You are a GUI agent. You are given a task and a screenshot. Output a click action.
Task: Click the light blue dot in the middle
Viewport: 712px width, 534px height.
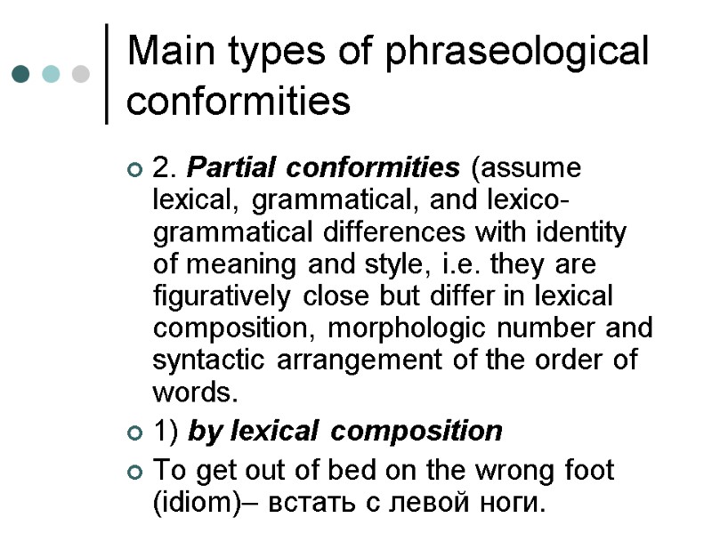coord(52,73)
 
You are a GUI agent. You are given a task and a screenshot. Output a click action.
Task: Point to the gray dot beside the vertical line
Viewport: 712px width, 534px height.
coord(81,73)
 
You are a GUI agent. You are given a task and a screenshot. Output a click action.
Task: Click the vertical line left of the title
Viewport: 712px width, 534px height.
coord(108,73)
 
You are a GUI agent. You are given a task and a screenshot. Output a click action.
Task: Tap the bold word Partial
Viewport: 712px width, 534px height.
coord(232,168)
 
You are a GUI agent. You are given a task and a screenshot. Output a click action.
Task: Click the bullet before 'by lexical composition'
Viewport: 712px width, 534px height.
coord(134,433)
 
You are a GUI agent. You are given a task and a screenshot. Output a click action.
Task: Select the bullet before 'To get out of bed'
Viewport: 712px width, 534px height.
coord(134,471)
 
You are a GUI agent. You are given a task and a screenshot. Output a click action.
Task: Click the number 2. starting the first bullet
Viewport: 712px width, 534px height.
coord(165,168)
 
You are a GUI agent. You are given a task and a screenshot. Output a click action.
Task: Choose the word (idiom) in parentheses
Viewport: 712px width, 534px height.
coord(198,503)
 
